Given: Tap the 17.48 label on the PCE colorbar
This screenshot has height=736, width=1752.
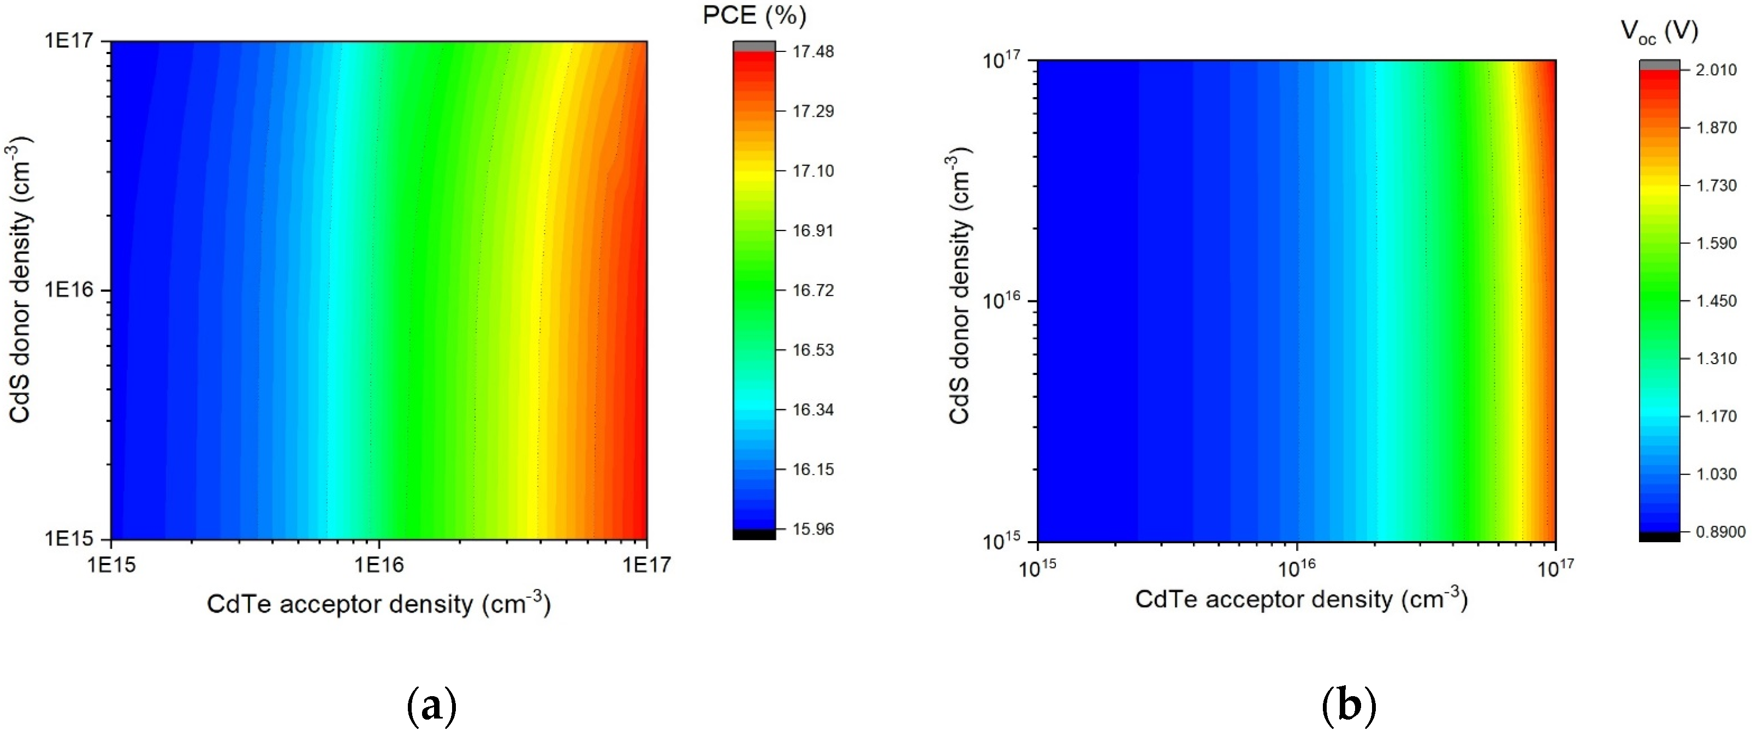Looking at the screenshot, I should click(x=813, y=52).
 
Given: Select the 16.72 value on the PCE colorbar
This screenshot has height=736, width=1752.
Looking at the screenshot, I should click(x=813, y=290).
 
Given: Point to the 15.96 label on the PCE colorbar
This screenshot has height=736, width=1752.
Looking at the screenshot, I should click(x=813, y=529).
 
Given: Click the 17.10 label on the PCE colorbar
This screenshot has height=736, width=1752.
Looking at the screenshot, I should click(x=813, y=171).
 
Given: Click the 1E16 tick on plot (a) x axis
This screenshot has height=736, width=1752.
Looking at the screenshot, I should click(x=379, y=565).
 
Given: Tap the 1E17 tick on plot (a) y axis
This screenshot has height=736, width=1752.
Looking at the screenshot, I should click(x=74, y=41).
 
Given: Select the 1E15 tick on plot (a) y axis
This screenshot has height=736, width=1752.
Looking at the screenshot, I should click(x=74, y=539).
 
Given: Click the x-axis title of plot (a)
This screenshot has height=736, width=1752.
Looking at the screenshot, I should click(x=379, y=604).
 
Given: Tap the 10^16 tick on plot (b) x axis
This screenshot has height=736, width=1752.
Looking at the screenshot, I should click(x=1297, y=567).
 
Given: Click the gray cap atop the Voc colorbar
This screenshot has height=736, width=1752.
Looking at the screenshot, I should click(x=1660, y=64).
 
